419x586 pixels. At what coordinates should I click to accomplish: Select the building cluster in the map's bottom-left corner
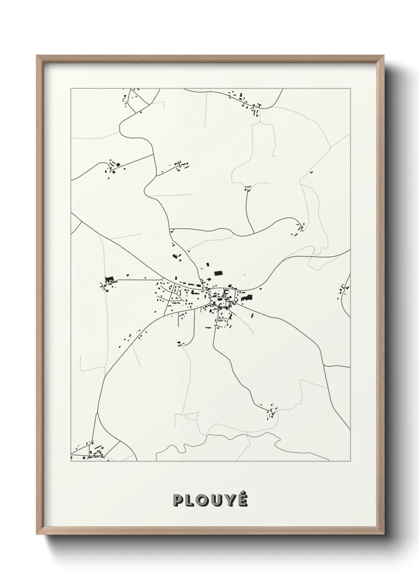pyautogui.click(x=93, y=452)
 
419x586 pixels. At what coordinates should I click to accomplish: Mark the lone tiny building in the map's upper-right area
pyautogui.click(x=311, y=173)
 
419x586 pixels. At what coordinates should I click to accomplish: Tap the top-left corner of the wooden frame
pyautogui.click(x=37, y=56)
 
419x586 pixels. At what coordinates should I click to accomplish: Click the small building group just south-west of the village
pyautogui.click(x=181, y=344)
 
